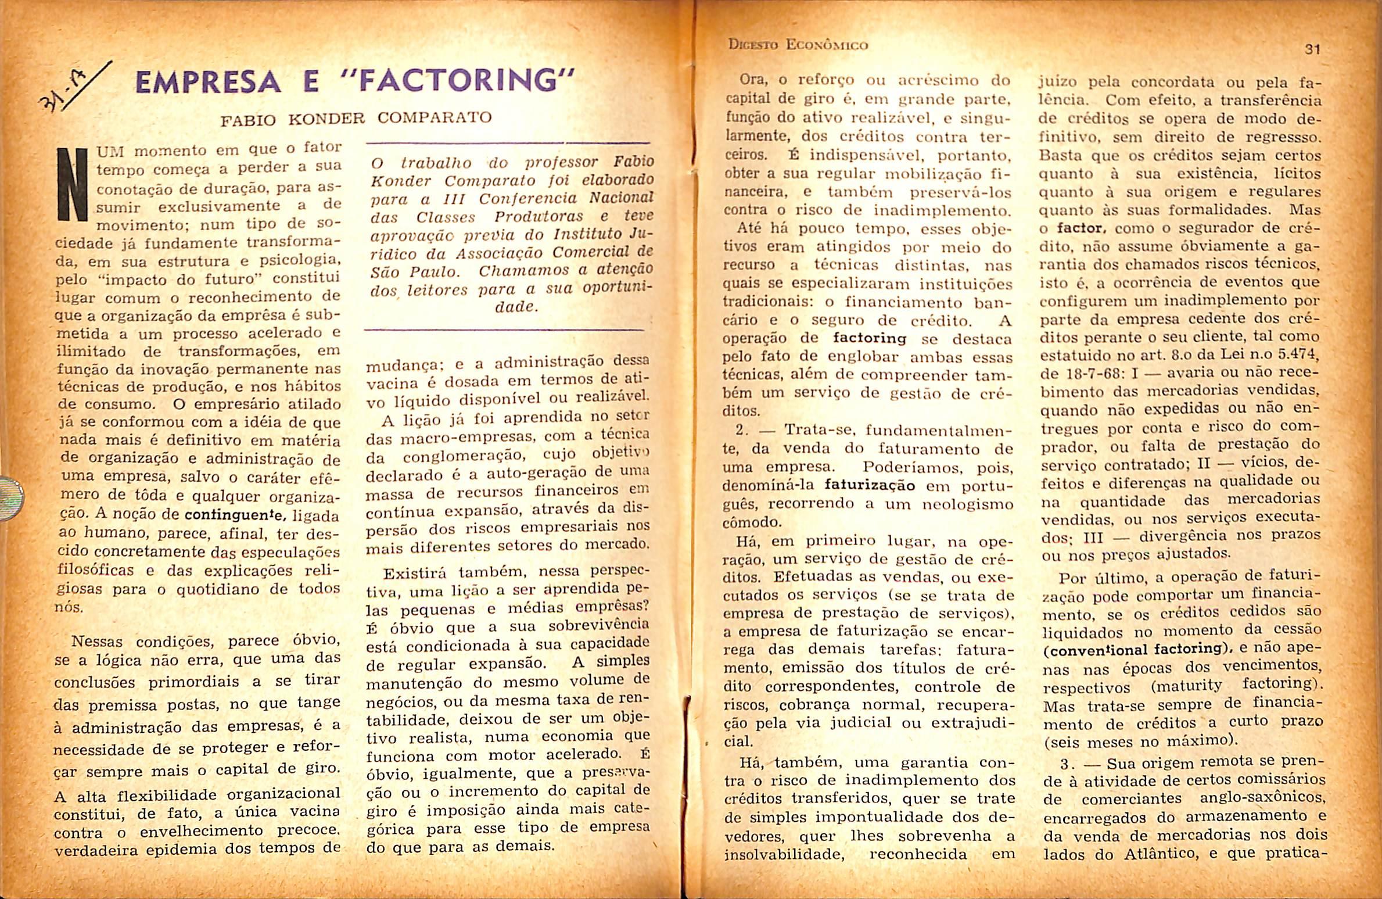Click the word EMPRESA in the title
[x=207, y=81]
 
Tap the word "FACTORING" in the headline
[x=464, y=81]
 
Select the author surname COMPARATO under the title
[x=434, y=118]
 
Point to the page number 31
[x=1312, y=49]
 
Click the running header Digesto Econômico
[x=798, y=45]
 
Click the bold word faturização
[x=870, y=485]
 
